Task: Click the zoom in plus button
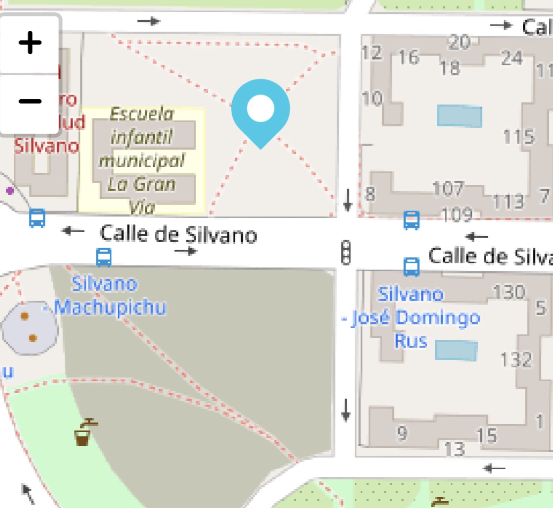pyautogui.click(x=30, y=43)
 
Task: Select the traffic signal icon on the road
pyautogui.click(x=346, y=252)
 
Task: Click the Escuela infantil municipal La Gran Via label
pyautogui.click(x=142, y=160)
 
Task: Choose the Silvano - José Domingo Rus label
pyautogui.click(x=410, y=317)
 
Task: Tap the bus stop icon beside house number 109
pyautogui.click(x=411, y=220)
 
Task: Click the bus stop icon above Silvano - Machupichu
pyautogui.click(x=104, y=257)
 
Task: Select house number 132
pyautogui.click(x=515, y=360)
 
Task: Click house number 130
pyautogui.click(x=508, y=292)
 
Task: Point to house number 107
pyautogui.click(x=448, y=188)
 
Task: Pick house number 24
pyautogui.click(x=511, y=58)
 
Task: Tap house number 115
pyautogui.click(x=518, y=136)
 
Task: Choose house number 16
pyautogui.click(x=409, y=56)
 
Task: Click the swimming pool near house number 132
pyautogui.click(x=456, y=351)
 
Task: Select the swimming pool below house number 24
pyautogui.click(x=459, y=116)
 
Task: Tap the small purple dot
pyautogui.click(x=10, y=190)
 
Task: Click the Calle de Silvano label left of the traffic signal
pyautogui.click(x=178, y=235)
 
